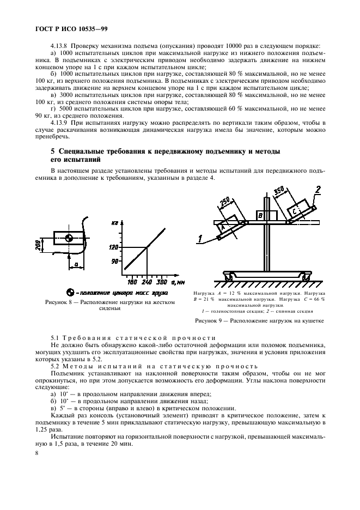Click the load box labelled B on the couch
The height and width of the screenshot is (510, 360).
coord(261,215)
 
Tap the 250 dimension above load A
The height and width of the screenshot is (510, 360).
coord(225,202)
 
